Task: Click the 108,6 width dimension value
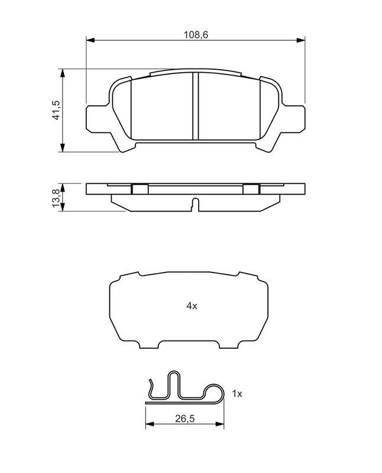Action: pos(196,35)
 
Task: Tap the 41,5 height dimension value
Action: pos(56,110)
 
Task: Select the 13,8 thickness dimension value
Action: pos(56,197)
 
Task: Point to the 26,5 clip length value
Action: pos(184,419)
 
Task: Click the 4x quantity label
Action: pos(192,306)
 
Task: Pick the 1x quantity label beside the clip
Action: pos(237,394)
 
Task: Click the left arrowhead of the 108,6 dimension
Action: pos(90,40)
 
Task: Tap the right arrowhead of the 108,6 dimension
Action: pos(300,40)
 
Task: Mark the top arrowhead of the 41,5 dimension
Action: pos(63,73)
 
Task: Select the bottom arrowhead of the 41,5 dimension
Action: pos(63,147)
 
